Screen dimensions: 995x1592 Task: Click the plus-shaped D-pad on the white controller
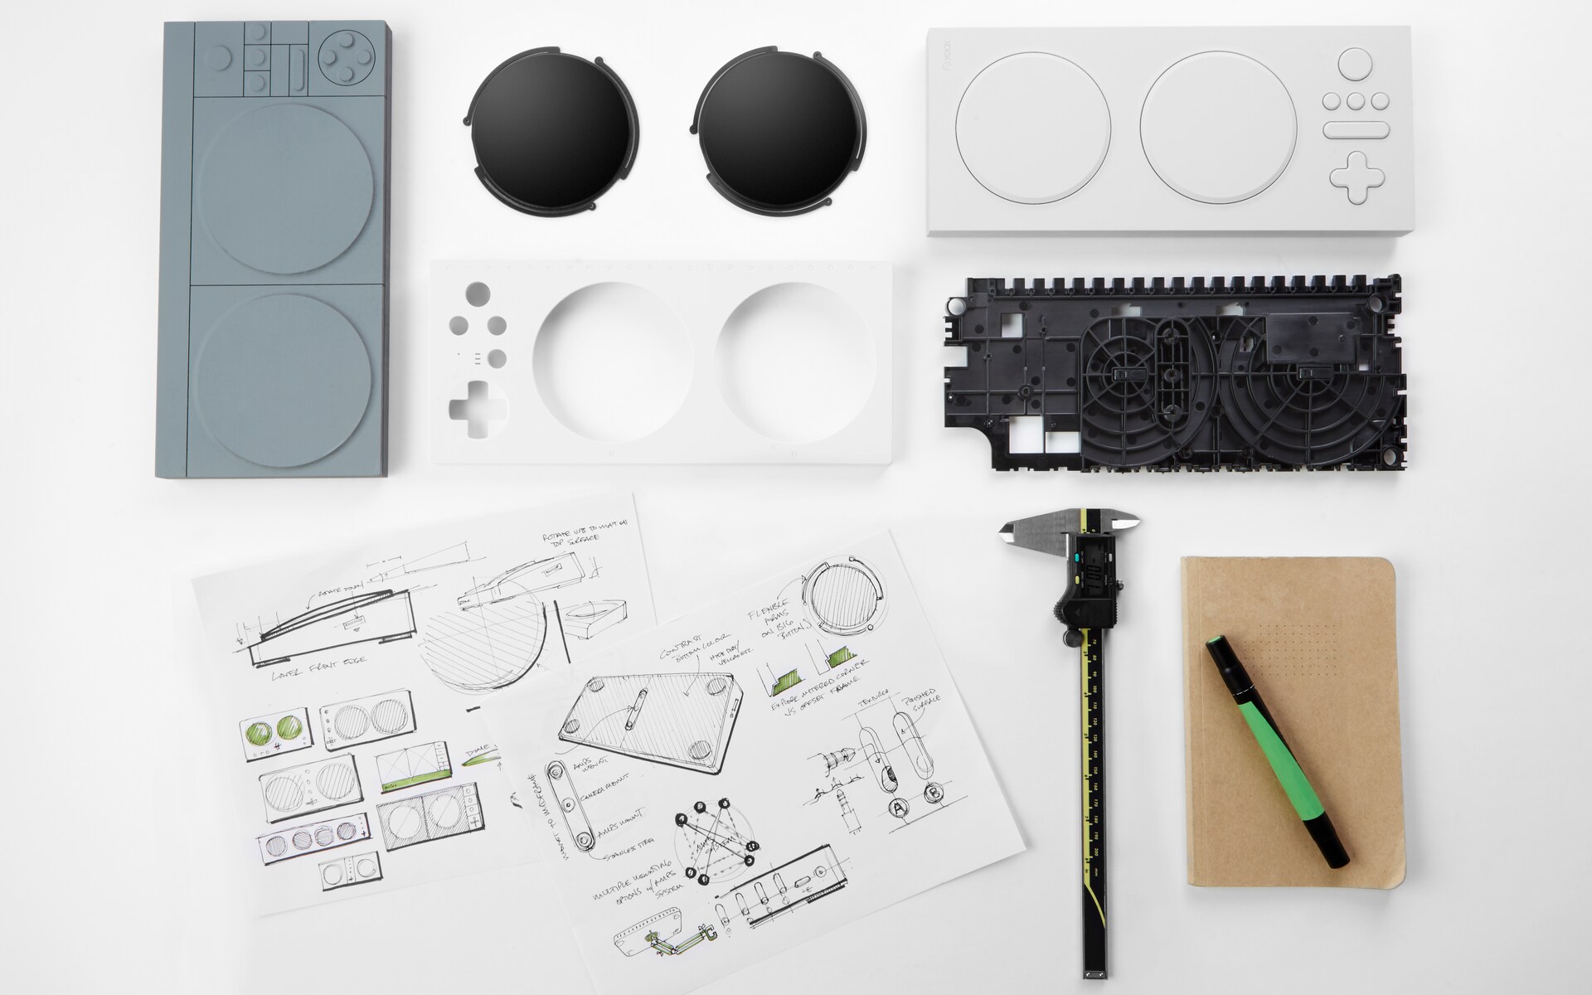(x=1356, y=177)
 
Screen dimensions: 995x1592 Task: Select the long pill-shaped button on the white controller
(x=1355, y=130)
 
